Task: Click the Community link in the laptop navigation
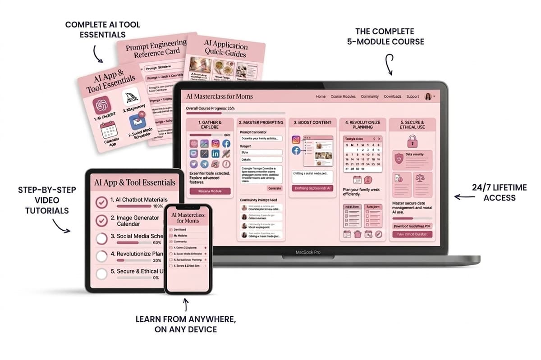[x=370, y=96]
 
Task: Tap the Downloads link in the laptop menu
[x=392, y=96]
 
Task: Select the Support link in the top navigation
[x=413, y=96]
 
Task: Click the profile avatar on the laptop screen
[x=428, y=96]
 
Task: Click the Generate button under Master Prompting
[x=274, y=188]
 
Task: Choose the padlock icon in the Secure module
[x=412, y=142]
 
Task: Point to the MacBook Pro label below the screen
[x=308, y=252]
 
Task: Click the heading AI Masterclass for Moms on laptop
[x=220, y=96]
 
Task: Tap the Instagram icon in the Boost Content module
[x=296, y=140]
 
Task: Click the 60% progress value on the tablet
[x=157, y=243]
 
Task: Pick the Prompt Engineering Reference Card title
[x=156, y=49]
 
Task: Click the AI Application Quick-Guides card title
[x=225, y=50]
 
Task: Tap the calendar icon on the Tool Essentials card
[x=108, y=130]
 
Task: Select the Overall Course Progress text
[x=211, y=109]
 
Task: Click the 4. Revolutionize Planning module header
[x=362, y=125]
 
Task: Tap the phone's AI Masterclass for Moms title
[x=188, y=218]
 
